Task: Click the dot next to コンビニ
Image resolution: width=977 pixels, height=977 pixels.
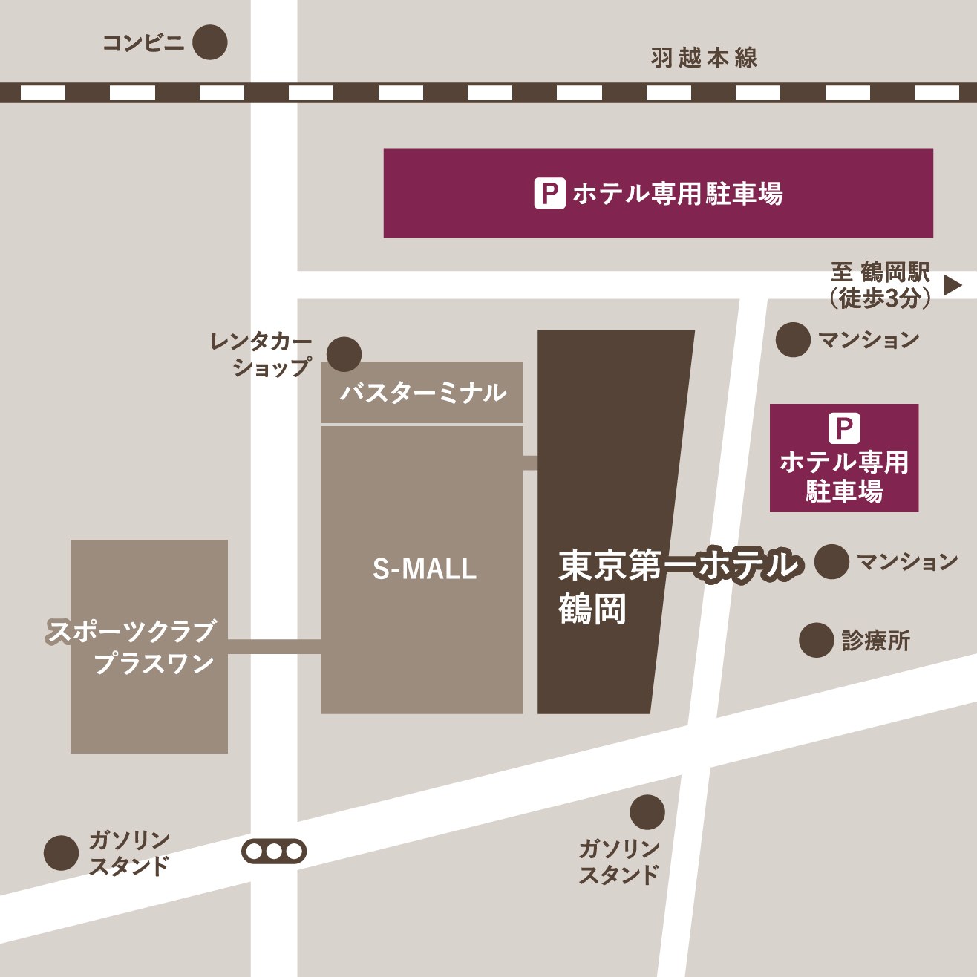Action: click(209, 42)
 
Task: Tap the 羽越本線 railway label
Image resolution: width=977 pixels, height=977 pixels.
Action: click(704, 58)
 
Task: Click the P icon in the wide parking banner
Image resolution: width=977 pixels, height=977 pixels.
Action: click(549, 194)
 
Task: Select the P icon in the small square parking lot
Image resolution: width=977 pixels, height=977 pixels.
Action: click(844, 428)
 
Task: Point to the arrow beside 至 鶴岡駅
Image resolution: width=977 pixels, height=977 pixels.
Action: click(953, 285)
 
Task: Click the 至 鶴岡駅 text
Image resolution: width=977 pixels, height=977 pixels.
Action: click(880, 272)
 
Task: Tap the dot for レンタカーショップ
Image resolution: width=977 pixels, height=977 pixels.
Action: click(344, 354)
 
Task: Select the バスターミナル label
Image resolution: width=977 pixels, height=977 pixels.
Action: click(422, 393)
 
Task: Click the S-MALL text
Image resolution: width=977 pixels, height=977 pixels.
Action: click(424, 569)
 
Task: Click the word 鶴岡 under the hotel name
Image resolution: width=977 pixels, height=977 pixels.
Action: click(592, 610)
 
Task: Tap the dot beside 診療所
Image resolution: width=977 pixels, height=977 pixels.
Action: click(816, 640)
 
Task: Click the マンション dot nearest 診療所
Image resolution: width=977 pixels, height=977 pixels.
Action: click(831, 561)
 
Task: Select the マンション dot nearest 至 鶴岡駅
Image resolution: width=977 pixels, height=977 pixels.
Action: click(792, 340)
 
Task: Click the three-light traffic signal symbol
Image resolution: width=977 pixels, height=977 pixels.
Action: click(274, 852)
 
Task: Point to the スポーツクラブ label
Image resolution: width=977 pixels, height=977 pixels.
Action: click(131, 632)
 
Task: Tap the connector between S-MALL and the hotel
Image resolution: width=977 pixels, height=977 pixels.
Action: click(530, 463)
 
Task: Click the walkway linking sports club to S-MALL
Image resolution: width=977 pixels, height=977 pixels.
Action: click(274, 647)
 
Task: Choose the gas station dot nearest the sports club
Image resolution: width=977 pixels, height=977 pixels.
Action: click(61, 852)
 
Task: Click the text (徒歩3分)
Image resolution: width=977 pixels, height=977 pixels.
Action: click(880, 298)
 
